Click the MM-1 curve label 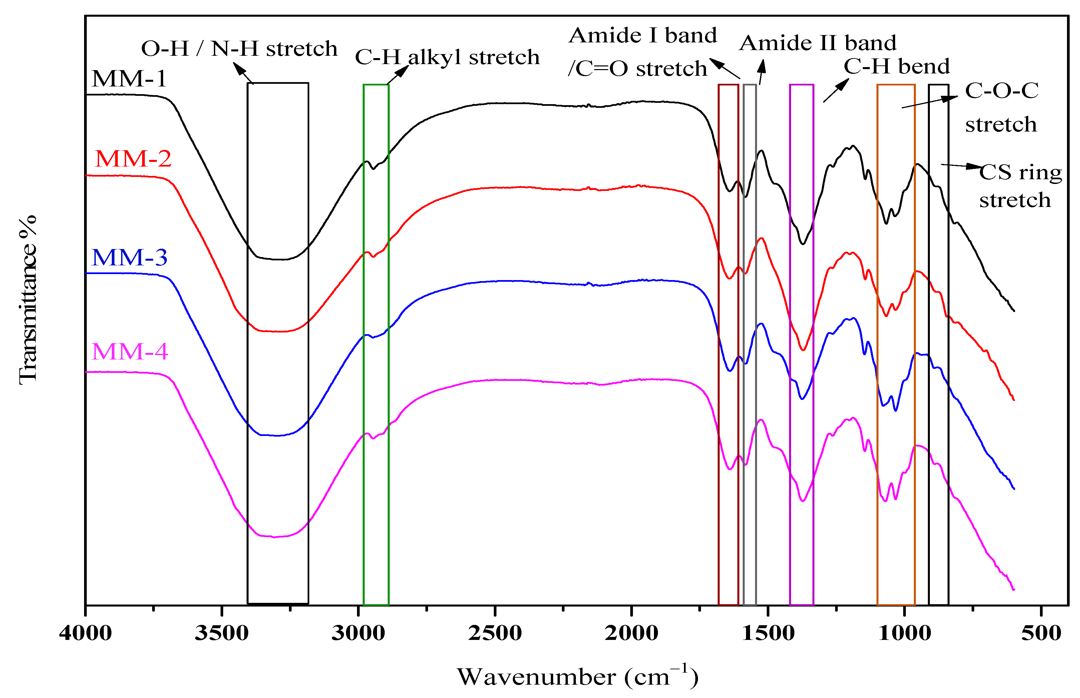coord(129,79)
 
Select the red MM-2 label coord(133,159)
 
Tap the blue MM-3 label coord(129,257)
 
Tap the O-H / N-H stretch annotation coord(239,48)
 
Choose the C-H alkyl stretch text coord(447,57)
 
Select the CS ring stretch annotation coord(1019,186)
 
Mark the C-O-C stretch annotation coord(1001,107)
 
